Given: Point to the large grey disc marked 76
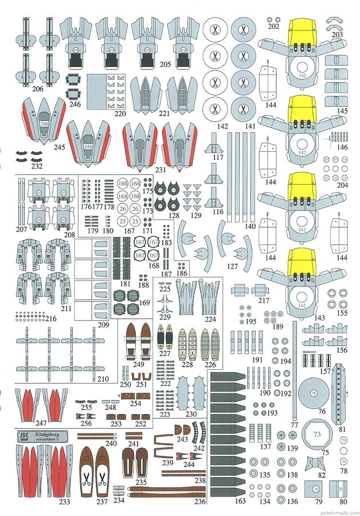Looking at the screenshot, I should pyautogui.click(x=313, y=393).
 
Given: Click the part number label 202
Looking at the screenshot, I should pyautogui.click(x=273, y=26).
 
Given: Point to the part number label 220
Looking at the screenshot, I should pyautogui.click(x=119, y=114).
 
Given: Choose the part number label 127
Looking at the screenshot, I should pyautogui.click(x=232, y=265).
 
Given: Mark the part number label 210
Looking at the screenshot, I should pyautogui.click(x=103, y=379).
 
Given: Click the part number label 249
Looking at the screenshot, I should pyautogui.click(x=138, y=364).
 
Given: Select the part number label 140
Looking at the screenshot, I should pyautogui.click(x=250, y=226).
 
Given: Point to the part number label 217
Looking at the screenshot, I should pyautogui.click(x=264, y=300).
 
